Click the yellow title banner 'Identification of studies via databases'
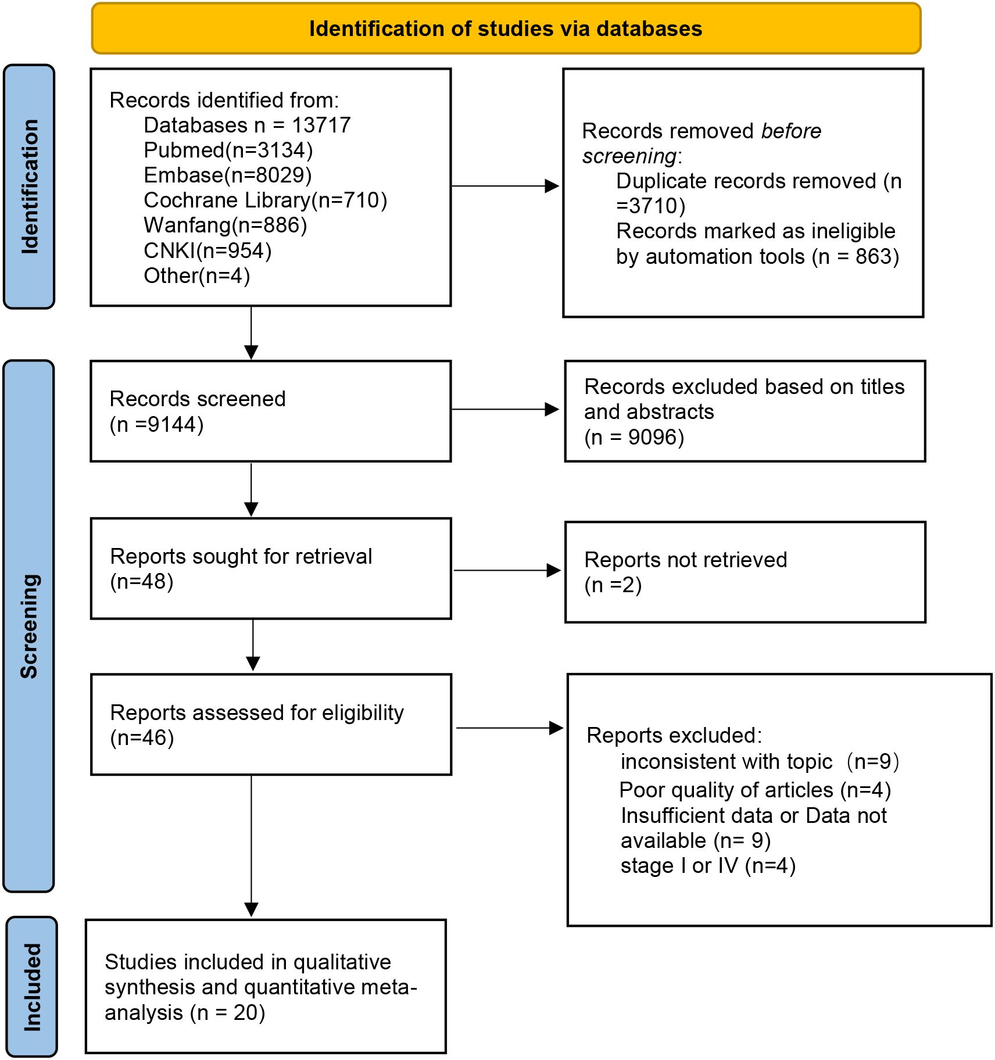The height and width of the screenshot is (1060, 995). [x=506, y=28]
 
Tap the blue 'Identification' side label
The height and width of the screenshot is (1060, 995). [x=29, y=187]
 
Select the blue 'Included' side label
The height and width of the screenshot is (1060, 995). [x=32, y=987]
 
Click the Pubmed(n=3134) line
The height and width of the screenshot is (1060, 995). [x=228, y=151]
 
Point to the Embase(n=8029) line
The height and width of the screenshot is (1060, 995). [x=228, y=176]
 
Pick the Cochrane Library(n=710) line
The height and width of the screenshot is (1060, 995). [x=266, y=200]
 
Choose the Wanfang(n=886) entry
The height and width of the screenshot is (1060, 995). [x=226, y=225]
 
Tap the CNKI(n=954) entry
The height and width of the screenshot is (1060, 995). [x=207, y=250]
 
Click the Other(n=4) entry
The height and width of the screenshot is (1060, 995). [x=197, y=275]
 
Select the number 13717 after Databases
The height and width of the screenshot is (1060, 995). [x=321, y=125]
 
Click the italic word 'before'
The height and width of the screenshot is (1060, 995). [x=791, y=131]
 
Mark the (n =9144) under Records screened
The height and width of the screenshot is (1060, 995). [x=157, y=424]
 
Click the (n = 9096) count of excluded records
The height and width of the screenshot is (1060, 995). [x=634, y=437]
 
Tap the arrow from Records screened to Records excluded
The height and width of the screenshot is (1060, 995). [x=505, y=410]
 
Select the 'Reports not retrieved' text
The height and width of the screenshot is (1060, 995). [x=686, y=560]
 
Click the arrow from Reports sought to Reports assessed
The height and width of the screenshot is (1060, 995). [x=253, y=644]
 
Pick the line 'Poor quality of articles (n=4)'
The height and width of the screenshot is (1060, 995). [x=755, y=790]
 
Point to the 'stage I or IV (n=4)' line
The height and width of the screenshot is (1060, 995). [x=708, y=865]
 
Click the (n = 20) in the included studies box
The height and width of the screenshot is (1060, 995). [x=228, y=1012]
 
